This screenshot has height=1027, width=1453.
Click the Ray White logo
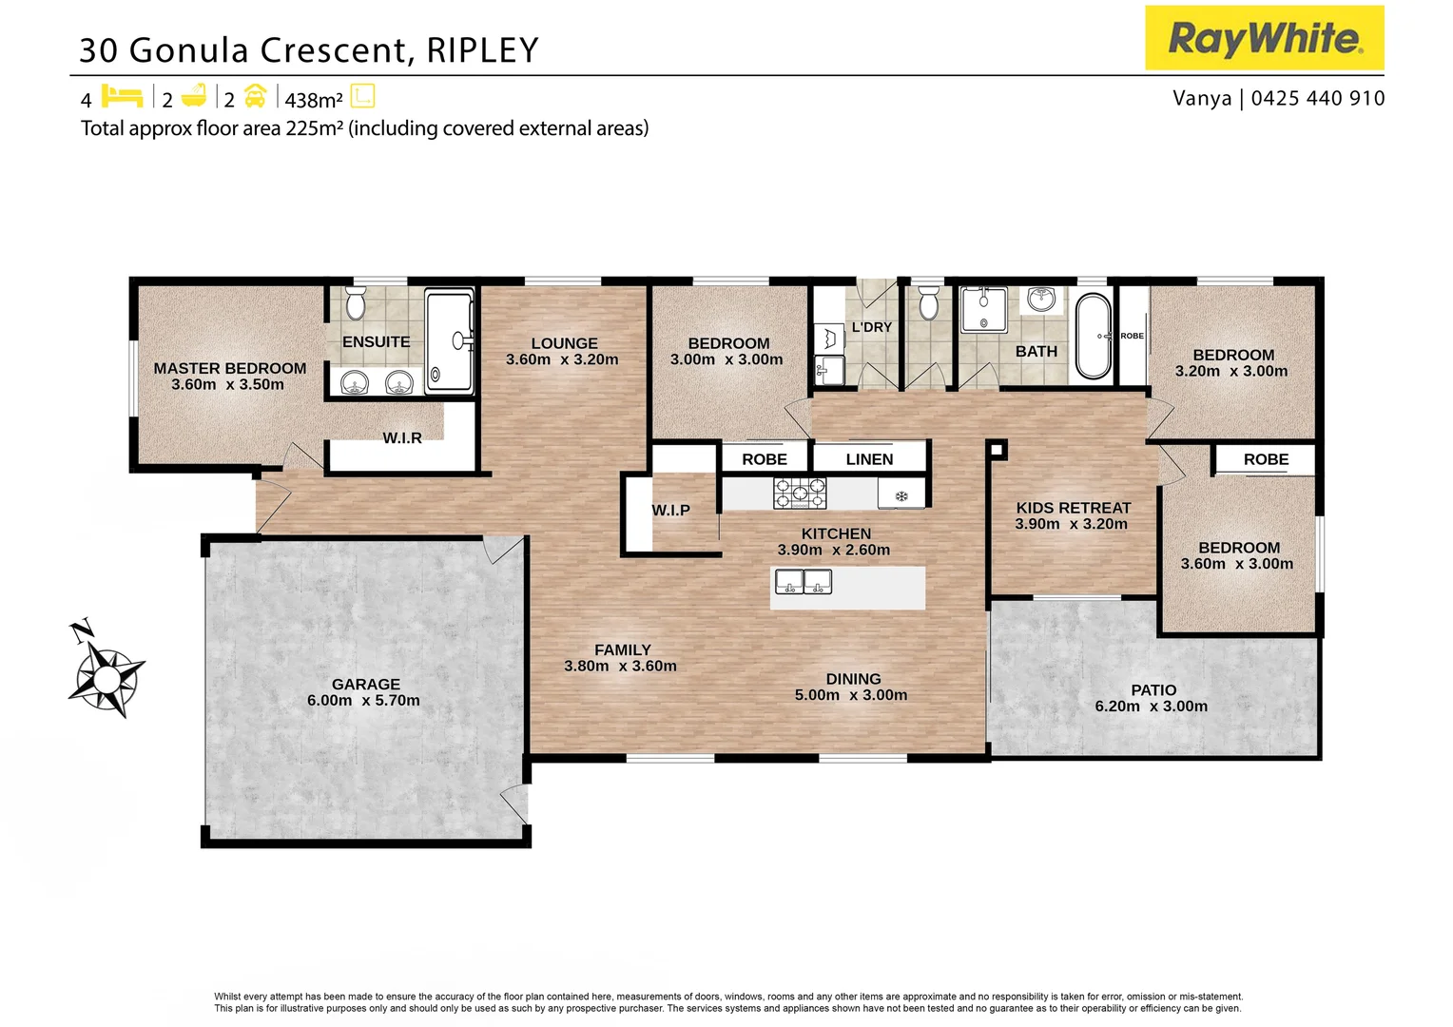[x=1264, y=38]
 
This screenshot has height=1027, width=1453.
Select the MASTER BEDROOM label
[x=230, y=368]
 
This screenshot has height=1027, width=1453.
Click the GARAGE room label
[x=365, y=684]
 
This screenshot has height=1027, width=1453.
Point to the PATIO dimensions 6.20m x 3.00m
[x=1151, y=707]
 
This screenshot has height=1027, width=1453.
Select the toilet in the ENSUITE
[x=356, y=303]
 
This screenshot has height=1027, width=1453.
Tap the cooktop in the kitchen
[x=799, y=493]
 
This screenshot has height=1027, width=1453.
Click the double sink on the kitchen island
[x=804, y=581]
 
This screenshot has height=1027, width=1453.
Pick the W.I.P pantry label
[x=670, y=511]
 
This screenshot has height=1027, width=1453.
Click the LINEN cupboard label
[x=869, y=459]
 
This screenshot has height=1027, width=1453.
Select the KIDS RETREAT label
[x=1073, y=508]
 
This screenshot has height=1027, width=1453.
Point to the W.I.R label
[x=402, y=438]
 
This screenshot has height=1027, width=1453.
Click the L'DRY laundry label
[x=871, y=327]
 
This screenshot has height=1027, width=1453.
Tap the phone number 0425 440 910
[x=1318, y=98]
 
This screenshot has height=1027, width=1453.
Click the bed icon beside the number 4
[x=122, y=97]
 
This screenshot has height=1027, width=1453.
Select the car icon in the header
[x=255, y=97]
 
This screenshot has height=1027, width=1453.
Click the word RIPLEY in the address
[x=482, y=50]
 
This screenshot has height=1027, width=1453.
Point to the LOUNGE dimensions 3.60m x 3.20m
[x=562, y=360]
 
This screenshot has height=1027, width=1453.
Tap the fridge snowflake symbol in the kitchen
[x=901, y=495]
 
